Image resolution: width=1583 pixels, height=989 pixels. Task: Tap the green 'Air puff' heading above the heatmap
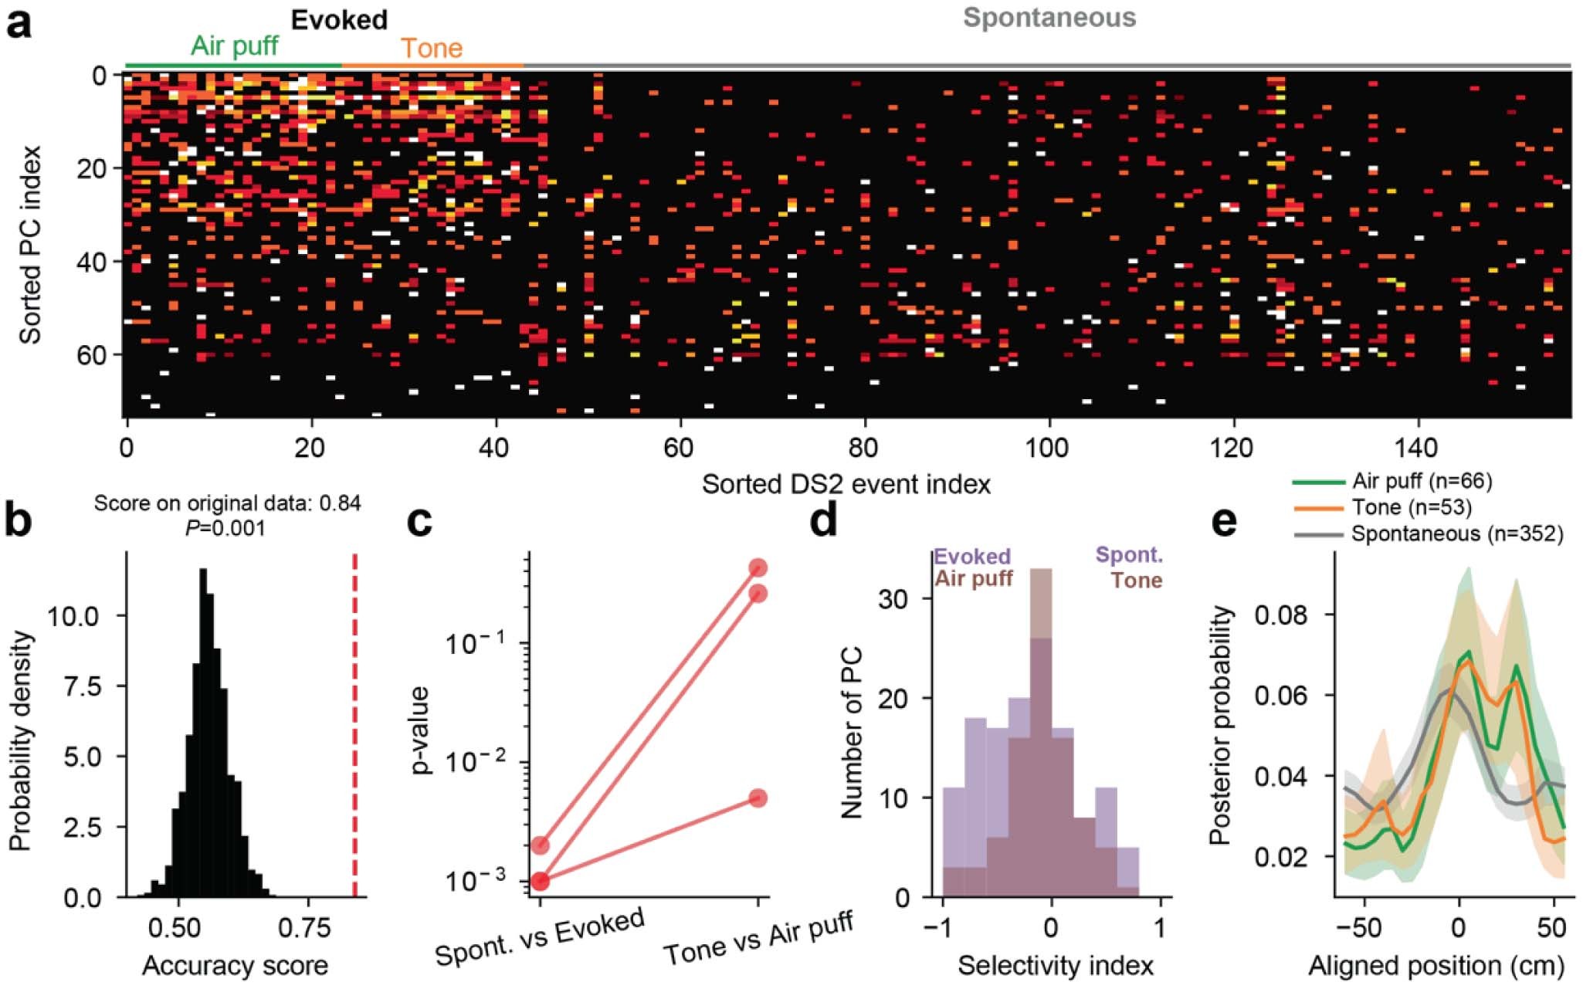point(234,46)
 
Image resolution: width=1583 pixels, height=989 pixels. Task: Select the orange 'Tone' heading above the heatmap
point(432,49)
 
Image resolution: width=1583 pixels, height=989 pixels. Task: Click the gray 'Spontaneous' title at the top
point(1049,17)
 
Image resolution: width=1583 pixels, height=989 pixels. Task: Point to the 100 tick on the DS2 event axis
point(1049,448)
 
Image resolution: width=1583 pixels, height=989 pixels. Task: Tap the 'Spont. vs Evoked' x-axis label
point(540,937)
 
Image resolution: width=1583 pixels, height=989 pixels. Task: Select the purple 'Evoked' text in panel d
point(972,556)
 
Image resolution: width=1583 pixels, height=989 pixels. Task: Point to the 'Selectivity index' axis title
point(1056,965)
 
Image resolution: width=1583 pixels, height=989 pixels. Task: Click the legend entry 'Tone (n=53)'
point(1412,507)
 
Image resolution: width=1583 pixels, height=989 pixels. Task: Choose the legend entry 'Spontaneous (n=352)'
point(1456,533)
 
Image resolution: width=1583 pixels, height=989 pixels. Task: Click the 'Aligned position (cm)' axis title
point(1436,965)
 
